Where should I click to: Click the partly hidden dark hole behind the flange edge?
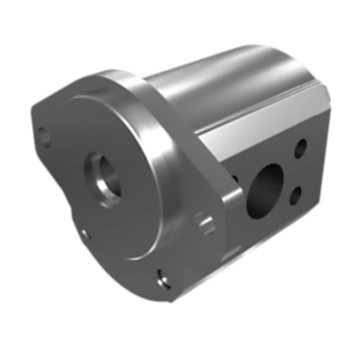pos(235,179)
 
